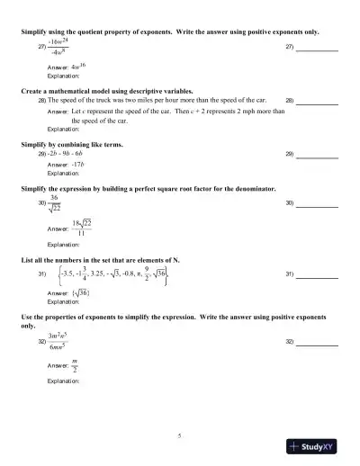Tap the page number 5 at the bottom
179,436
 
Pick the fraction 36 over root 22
54,204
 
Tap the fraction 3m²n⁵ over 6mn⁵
64,341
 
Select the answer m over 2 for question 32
75,364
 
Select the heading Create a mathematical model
93,91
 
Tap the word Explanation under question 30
63,245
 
